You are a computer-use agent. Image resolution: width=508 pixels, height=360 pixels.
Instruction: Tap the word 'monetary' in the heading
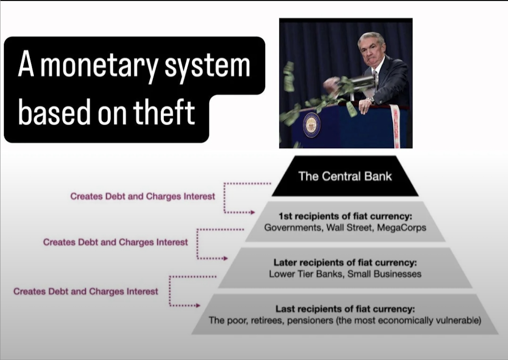click(99, 67)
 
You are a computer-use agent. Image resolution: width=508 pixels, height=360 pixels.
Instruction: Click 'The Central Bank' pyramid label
click(345, 176)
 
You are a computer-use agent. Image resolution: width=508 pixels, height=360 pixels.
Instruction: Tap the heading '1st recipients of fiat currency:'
click(346, 216)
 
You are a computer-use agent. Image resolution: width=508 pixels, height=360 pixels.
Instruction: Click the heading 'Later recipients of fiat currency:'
click(345, 263)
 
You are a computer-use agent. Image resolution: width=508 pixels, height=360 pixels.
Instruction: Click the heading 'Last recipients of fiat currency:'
click(345, 309)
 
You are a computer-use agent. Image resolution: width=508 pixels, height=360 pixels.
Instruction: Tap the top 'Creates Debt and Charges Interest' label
click(142, 197)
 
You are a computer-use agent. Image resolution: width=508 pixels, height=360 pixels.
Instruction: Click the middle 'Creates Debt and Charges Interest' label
click(115, 243)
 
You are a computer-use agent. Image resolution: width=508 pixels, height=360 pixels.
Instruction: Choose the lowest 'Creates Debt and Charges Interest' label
click(86, 292)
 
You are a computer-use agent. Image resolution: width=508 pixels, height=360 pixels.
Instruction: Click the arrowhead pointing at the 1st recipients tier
click(253, 213)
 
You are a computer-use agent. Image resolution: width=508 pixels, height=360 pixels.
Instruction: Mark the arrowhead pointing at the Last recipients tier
click(198, 306)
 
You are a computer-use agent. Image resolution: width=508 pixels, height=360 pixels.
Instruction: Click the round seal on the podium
click(312, 125)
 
